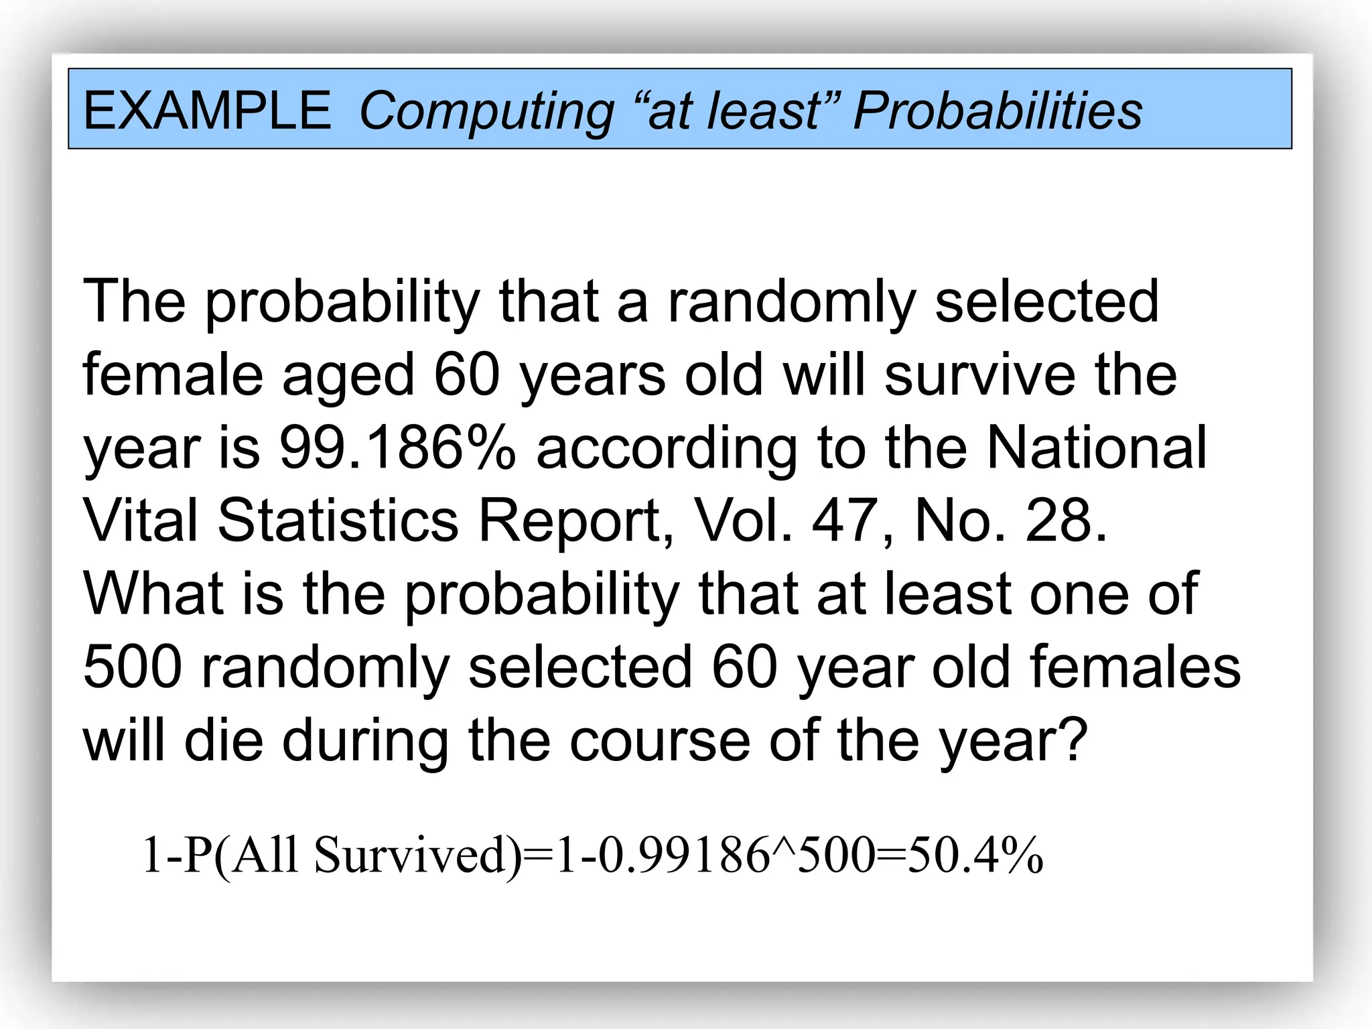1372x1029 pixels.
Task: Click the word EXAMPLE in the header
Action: click(x=207, y=111)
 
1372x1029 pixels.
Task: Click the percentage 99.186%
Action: click(x=397, y=448)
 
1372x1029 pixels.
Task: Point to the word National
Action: click(x=1097, y=448)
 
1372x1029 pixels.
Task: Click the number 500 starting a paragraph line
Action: click(x=133, y=667)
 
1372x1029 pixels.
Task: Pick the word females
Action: click(x=1135, y=667)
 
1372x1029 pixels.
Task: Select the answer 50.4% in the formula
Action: click(x=975, y=855)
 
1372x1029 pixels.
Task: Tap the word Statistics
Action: click(x=338, y=521)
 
